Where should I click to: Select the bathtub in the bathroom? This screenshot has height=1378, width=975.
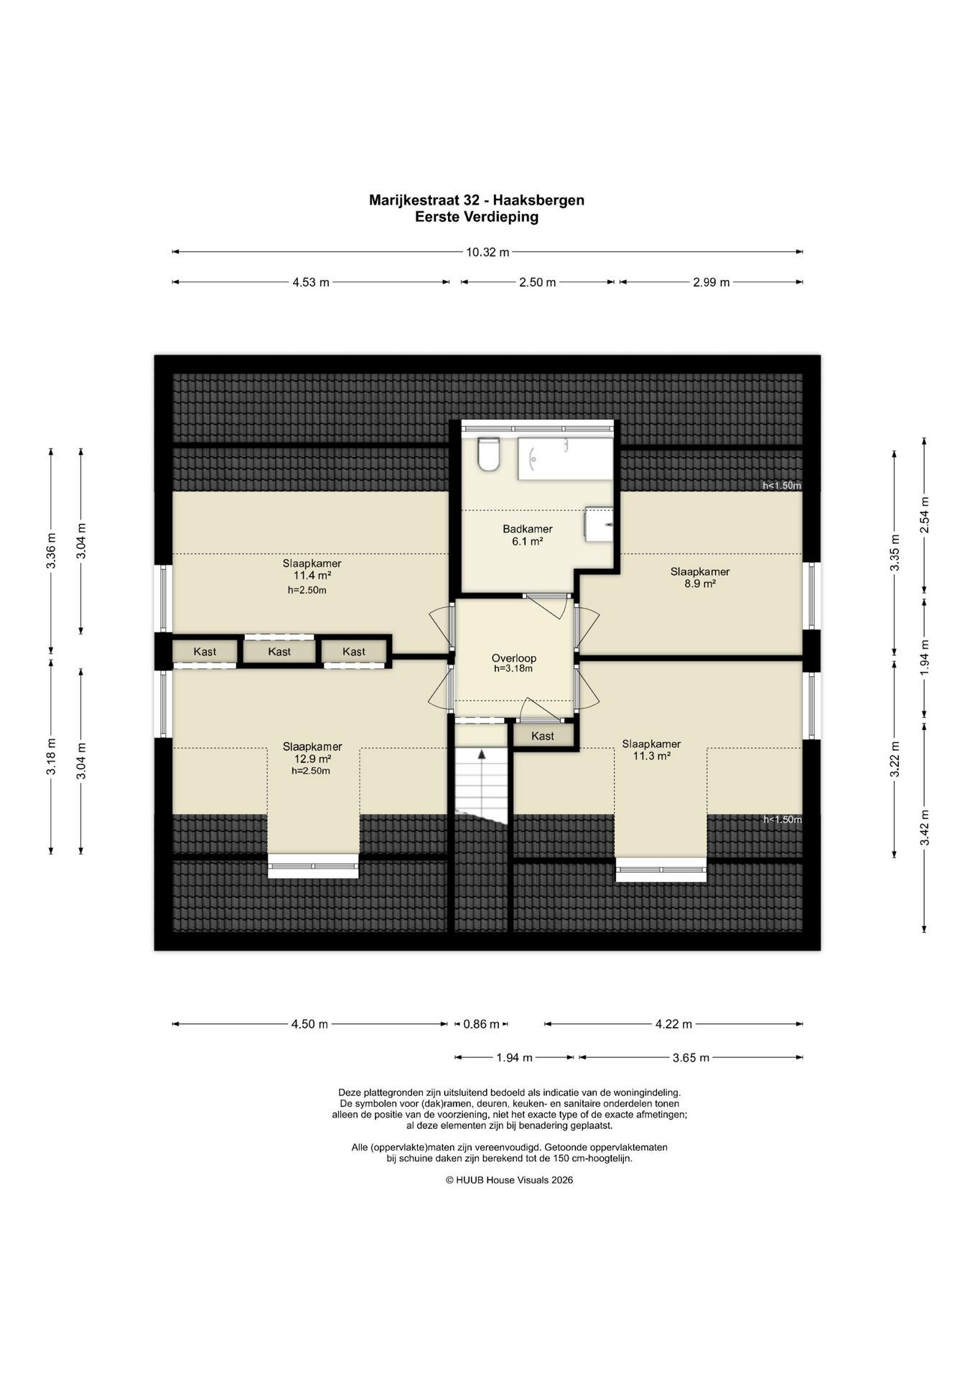[x=565, y=459]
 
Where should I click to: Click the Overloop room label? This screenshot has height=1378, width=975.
[x=513, y=658]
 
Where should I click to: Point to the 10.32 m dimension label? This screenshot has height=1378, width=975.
[x=487, y=252]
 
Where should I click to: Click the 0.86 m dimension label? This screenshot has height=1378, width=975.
[x=481, y=1024]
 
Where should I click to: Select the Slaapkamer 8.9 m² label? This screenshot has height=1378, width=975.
[x=700, y=578]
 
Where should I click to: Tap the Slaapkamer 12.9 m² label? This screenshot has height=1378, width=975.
[x=312, y=752]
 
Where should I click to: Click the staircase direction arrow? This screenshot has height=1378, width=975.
[x=482, y=754]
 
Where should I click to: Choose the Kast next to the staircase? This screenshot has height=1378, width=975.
[x=543, y=736]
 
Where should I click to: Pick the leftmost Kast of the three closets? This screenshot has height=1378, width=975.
[x=205, y=652]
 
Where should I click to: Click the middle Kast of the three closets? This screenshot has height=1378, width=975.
[x=279, y=652]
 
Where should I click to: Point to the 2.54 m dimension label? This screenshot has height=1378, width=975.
[x=925, y=515]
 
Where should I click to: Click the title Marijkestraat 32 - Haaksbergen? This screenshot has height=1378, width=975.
[x=477, y=200]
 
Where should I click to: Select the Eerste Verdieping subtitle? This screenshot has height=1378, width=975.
[x=477, y=217]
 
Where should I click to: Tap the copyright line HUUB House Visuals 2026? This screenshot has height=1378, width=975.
[x=509, y=1180]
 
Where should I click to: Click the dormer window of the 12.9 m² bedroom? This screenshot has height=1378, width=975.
[x=313, y=866]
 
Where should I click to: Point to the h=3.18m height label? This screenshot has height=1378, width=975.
[x=513, y=669]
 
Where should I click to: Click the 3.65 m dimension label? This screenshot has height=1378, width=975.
[x=691, y=1057]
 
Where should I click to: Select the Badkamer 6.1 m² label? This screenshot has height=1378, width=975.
[x=527, y=535]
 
